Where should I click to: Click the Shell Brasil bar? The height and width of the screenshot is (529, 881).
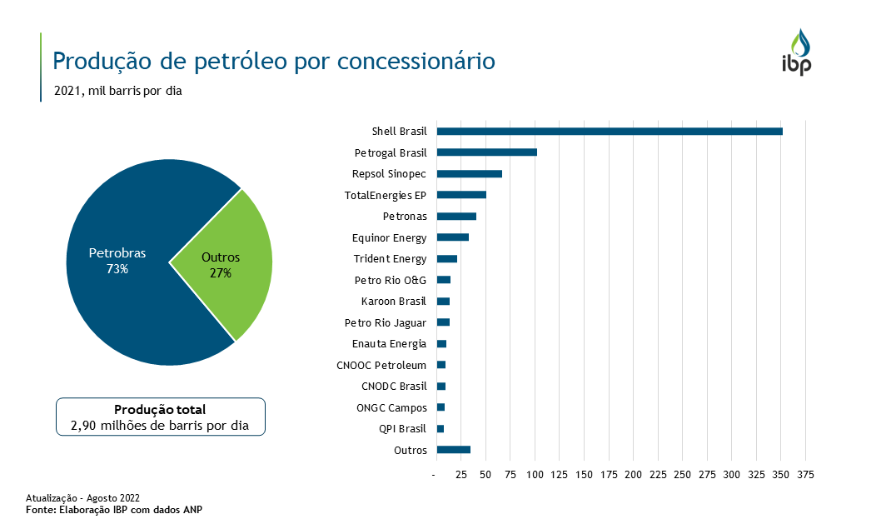click(x=609, y=132)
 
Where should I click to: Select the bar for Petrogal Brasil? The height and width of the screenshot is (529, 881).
click(x=486, y=152)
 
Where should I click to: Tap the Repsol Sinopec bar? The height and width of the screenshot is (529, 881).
click(x=469, y=174)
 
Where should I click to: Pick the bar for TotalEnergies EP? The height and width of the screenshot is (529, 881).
click(x=461, y=195)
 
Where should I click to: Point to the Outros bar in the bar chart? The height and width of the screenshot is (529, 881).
click(x=453, y=450)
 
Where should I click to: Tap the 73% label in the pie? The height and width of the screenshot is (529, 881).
click(x=117, y=269)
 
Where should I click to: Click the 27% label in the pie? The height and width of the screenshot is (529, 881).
click(x=221, y=273)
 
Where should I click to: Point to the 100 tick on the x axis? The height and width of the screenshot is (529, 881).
click(x=535, y=474)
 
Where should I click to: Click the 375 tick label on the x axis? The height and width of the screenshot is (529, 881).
click(x=805, y=474)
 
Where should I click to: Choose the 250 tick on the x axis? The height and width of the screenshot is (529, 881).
click(x=682, y=474)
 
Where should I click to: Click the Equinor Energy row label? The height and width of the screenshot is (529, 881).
click(x=389, y=238)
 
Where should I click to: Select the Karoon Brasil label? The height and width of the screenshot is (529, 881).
click(x=394, y=302)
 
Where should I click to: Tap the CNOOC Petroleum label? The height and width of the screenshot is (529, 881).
click(x=381, y=365)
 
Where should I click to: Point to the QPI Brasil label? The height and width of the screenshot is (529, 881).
click(x=403, y=429)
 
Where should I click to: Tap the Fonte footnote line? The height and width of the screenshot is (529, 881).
click(x=114, y=509)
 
